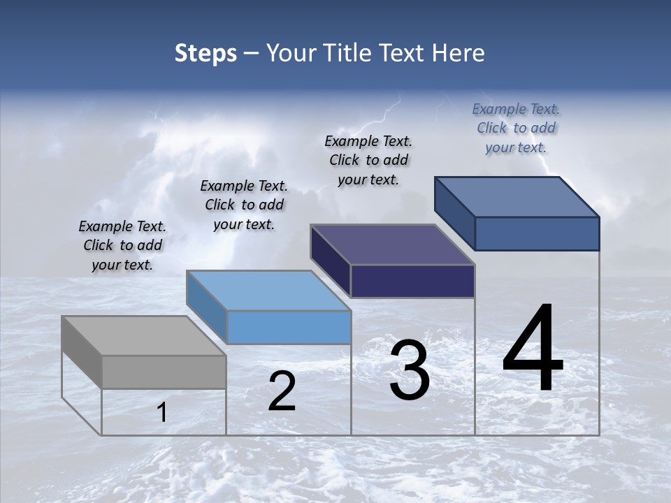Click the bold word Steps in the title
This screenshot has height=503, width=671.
tap(205, 54)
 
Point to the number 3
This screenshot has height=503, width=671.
tap(410, 370)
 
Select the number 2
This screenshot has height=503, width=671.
tap(282, 391)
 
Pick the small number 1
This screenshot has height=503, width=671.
tap(162, 413)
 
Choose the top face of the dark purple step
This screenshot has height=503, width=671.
tap(392, 245)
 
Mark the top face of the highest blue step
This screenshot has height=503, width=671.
tap(517, 196)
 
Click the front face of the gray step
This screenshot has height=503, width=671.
tap(164, 372)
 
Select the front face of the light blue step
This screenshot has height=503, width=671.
tap(289, 327)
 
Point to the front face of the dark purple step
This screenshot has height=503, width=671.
tap(412, 281)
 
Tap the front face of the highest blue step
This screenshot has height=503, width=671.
tap(537, 233)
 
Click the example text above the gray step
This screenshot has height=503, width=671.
tap(122, 245)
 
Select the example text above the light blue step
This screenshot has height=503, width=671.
tap(244, 205)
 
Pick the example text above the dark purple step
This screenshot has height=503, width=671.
tap(368, 160)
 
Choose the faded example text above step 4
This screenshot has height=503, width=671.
tap(516, 128)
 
